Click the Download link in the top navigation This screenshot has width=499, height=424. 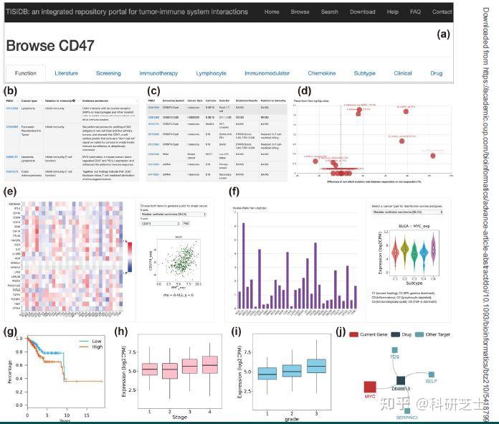click(362, 11)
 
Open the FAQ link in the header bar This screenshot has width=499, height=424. click(415, 11)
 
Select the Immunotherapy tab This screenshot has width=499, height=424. click(158, 73)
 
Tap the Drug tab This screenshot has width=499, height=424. click(436, 73)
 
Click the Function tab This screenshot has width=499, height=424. click(25, 73)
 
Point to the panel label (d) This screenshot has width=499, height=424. click(305, 91)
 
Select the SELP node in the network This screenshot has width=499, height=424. click(431, 374)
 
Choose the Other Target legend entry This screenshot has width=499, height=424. click(442, 334)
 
